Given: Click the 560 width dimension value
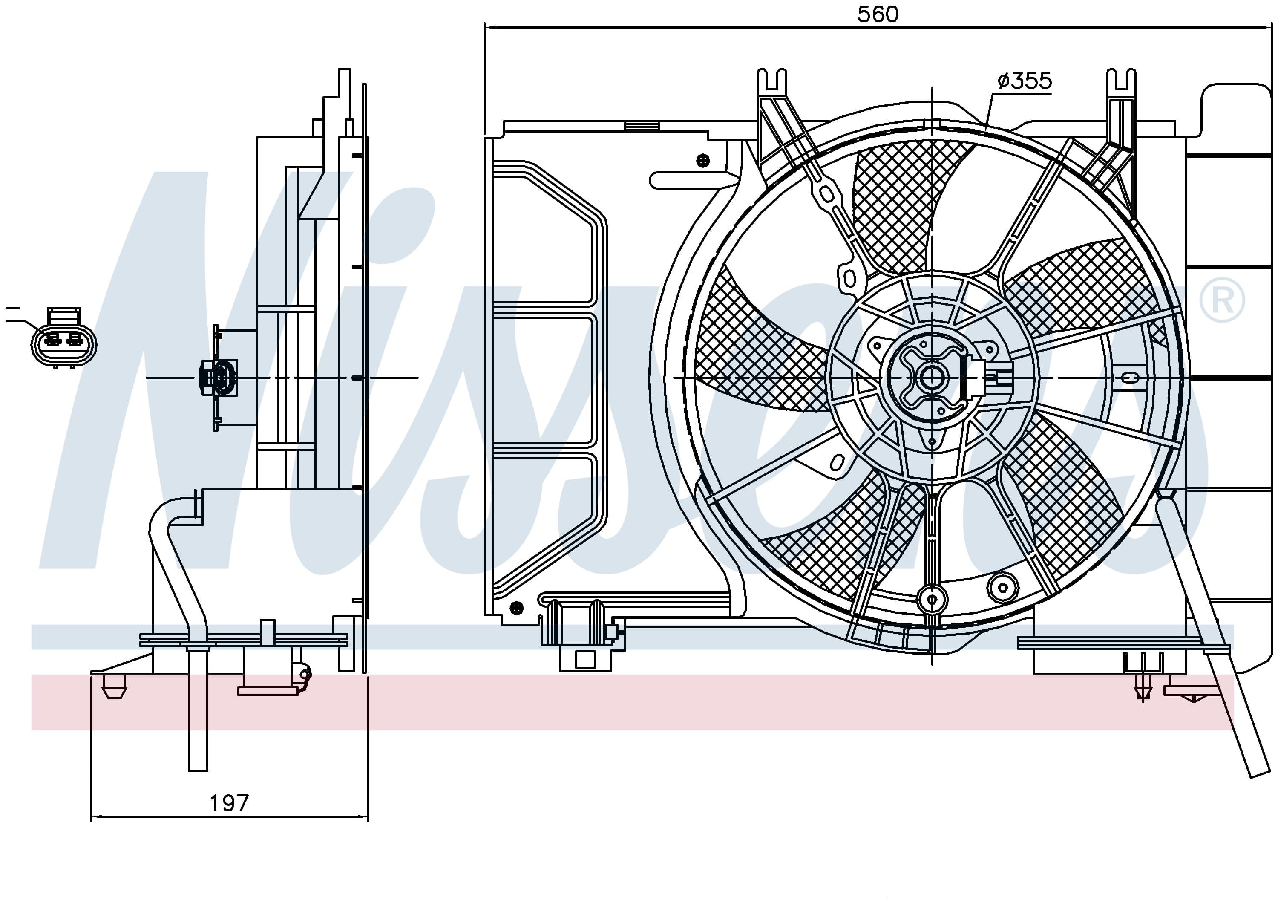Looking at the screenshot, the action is pos(878,14).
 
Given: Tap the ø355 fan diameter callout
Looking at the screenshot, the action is pos(1025,81).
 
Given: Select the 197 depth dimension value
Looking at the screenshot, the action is pos(229,803).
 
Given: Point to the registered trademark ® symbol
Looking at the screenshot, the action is pos(1222,300).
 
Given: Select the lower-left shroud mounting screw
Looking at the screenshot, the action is pos(517,608).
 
